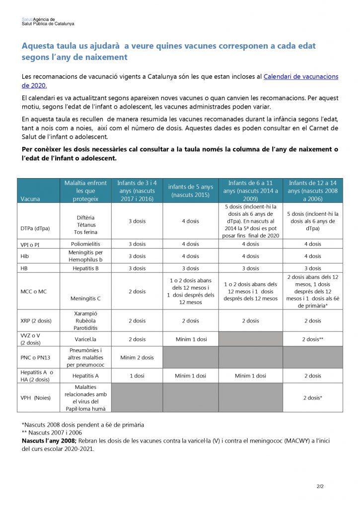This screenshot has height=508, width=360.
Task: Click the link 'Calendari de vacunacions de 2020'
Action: point(300,76)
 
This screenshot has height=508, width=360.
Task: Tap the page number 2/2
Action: point(321,486)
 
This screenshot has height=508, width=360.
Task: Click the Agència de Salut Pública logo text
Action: point(48,21)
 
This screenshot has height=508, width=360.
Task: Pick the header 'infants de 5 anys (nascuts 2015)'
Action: point(190,190)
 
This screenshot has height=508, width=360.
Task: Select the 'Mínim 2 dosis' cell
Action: point(137,357)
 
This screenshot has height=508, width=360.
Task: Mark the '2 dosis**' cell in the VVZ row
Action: point(313,339)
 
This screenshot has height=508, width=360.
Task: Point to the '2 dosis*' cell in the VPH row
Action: point(313,397)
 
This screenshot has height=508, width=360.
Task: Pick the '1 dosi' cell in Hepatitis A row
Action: point(137,376)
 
